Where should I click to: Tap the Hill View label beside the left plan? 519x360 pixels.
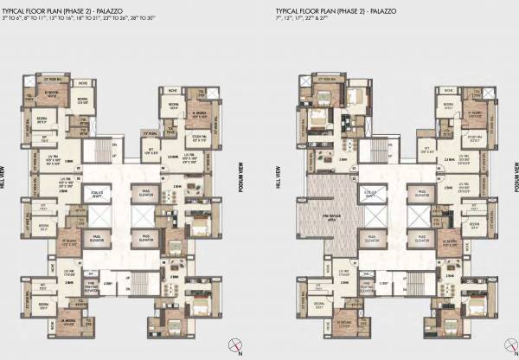[x=6, y=187]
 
